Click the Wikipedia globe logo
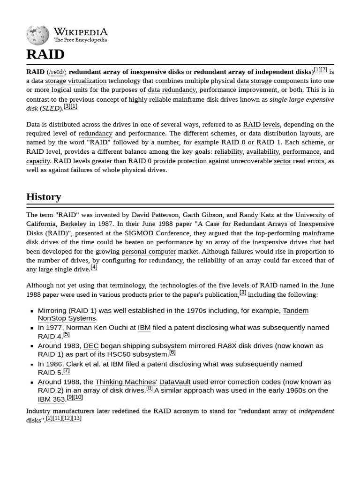pos(37,36)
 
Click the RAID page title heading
pos(45,54)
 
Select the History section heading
pos(44,197)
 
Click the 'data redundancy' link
pos(172,90)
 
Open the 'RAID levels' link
pos(261,124)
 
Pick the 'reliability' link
pos(228,151)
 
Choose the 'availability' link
pos(262,151)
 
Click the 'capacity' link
pos(38,161)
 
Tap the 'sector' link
pos(282,161)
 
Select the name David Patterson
pos(155,215)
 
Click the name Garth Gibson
pos(202,215)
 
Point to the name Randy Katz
pos(256,215)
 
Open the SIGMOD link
pos(139,233)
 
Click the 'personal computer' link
pos(149,251)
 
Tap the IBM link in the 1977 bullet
pos(144,328)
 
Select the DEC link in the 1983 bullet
pos(91,346)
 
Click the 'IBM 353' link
pos(51,399)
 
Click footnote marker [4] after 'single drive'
pos(94,267)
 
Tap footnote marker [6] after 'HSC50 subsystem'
pos(172,352)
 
